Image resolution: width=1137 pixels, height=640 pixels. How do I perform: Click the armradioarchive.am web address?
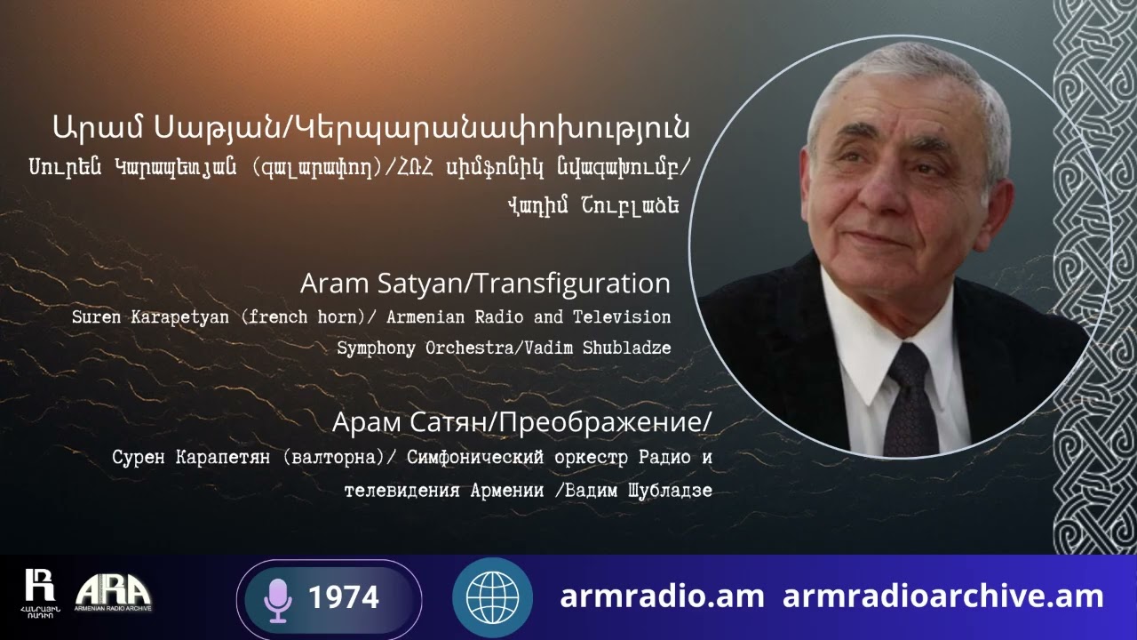pos(942,596)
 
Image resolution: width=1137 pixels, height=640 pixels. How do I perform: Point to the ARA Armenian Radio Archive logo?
pos(113,593)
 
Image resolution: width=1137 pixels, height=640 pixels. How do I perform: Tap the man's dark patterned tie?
pos(911,399)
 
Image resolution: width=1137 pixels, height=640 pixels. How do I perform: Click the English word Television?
pos(622,316)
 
